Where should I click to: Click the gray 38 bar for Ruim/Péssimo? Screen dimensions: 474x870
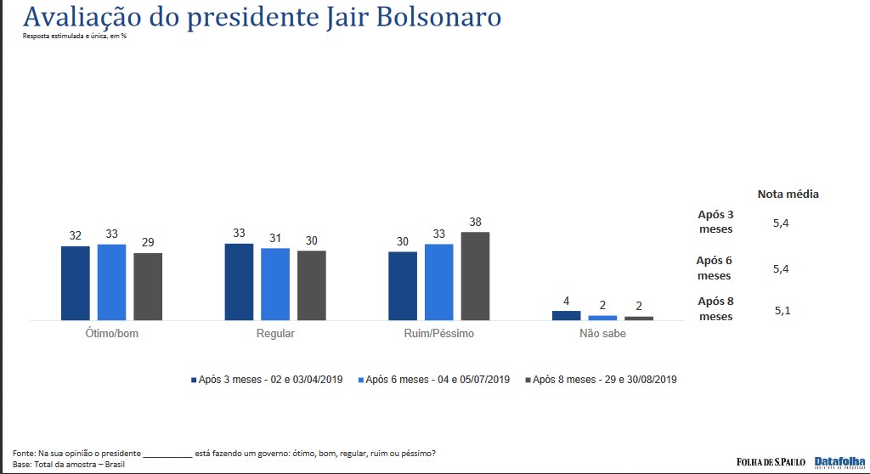(475, 276)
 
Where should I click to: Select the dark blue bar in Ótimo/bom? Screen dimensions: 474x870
(76, 283)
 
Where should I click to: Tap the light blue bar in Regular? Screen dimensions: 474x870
(275, 284)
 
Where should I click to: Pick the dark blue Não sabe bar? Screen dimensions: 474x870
(566, 315)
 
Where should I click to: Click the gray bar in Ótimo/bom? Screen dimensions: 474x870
(148, 286)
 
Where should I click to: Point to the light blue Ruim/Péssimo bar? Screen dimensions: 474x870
(438, 282)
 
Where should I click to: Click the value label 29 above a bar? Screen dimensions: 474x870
(148, 243)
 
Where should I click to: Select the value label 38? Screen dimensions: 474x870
(475, 222)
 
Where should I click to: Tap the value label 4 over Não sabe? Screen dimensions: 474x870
(566, 301)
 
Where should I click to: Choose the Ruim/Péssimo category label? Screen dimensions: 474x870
(439, 334)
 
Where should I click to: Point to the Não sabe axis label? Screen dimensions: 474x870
(602, 334)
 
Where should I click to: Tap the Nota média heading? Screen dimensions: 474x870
(788, 194)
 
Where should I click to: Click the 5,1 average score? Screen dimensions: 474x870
(782, 310)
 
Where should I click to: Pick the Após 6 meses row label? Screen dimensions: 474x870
(715, 268)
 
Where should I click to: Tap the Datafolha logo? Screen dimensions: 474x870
(840, 461)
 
